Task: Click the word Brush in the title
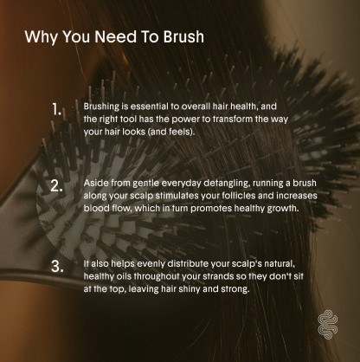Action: tap(183, 36)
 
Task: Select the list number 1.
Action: tap(57, 109)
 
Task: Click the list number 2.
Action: tap(56, 186)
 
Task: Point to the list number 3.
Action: tap(57, 267)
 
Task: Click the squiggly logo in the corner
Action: tap(328, 325)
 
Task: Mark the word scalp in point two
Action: tap(142, 197)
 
